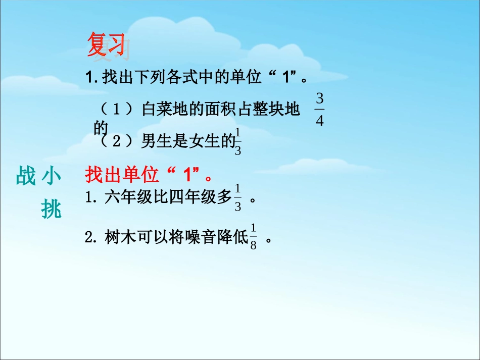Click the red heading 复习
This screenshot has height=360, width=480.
click(x=106, y=45)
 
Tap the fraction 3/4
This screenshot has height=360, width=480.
click(x=319, y=109)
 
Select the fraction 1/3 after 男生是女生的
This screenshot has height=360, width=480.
click(x=238, y=142)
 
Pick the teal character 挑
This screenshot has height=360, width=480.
click(x=51, y=209)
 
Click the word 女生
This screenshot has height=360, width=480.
click(x=205, y=142)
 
